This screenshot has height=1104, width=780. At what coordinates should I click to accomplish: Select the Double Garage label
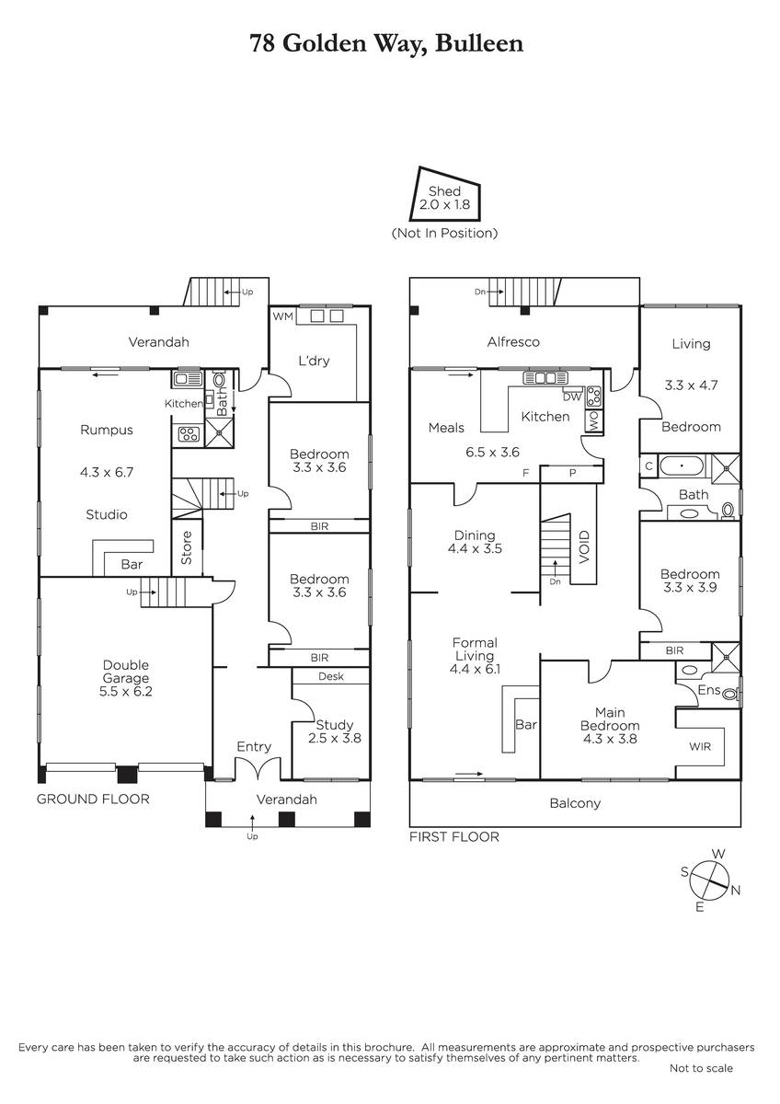tap(126, 672)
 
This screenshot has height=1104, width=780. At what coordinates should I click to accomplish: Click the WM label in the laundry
tap(282, 316)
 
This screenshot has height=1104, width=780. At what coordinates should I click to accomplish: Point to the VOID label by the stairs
tap(584, 547)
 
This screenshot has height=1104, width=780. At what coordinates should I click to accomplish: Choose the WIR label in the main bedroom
tap(700, 746)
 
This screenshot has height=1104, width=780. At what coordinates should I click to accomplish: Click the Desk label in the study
tap(330, 676)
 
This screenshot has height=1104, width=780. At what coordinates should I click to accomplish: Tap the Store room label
tap(186, 547)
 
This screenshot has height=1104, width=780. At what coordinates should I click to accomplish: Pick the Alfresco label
tap(513, 341)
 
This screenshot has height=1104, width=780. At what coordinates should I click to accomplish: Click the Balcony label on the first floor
tap(575, 803)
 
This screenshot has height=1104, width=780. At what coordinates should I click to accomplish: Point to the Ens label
tap(709, 689)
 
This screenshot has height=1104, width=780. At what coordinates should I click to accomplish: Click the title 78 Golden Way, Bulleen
tap(386, 43)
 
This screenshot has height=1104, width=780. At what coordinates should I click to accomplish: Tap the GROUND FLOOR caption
tap(93, 799)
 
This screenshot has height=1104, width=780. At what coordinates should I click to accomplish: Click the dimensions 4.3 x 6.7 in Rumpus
tap(107, 472)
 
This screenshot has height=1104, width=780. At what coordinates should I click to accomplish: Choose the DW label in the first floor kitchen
tap(572, 397)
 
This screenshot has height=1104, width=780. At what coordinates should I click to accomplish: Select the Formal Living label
tap(475, 650)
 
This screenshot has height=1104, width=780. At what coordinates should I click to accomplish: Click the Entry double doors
tap(254, 769)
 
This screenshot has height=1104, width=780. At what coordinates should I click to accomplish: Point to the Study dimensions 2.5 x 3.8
tap(335, 738)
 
